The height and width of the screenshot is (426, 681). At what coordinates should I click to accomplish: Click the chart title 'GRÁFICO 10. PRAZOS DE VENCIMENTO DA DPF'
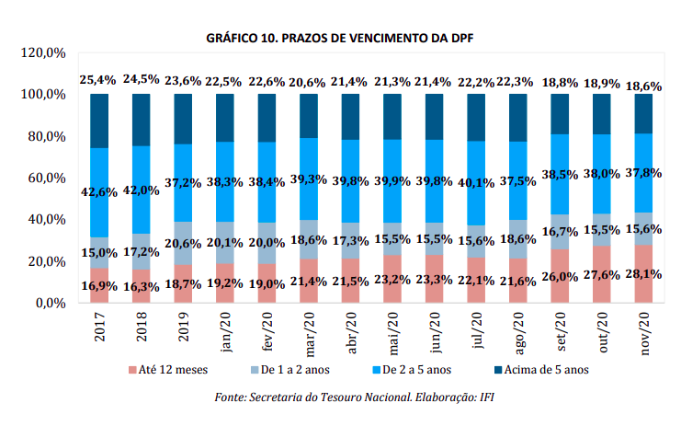(x=340, y=38)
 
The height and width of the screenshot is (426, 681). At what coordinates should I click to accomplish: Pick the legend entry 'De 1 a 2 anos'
(x=291, y=370)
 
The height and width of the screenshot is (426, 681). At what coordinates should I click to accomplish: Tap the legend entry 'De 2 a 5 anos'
(x=414, y=370)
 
